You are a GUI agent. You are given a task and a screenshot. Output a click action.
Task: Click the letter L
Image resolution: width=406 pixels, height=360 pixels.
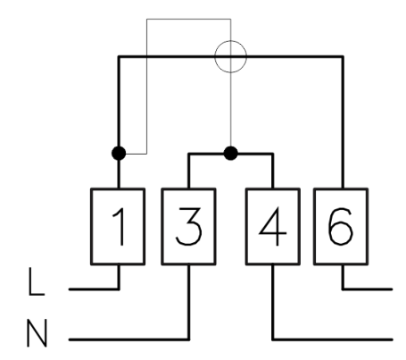click(x=37, y=281)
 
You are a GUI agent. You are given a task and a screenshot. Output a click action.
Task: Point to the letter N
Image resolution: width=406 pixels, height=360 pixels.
click(x=37, y=333)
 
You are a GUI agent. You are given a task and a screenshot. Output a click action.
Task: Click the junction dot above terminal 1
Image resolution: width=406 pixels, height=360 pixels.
click(x=119, y=154)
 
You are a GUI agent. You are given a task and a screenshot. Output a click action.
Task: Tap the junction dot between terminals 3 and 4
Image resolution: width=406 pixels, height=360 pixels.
click(x=230, y=154)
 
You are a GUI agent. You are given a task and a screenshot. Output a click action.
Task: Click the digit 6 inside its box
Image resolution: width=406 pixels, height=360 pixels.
click(x=341, y=227)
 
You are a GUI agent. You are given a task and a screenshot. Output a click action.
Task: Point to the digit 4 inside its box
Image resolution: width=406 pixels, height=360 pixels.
click(x=273, y=227)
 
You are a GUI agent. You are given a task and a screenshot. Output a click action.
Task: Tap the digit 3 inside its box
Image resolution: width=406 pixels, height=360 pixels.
click(x=189, y=227)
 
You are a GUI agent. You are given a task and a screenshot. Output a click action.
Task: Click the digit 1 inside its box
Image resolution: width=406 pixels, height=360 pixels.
click(x=119, y=227)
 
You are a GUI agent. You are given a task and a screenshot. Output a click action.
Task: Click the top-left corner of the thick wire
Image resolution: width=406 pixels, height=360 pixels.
click(x=119, y=56)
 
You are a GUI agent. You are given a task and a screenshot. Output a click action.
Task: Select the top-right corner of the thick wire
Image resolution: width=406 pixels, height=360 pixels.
click(x=343, y=56)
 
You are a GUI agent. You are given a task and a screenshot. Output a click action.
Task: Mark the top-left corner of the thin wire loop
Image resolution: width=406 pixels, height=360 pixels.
click(x=146, y=20)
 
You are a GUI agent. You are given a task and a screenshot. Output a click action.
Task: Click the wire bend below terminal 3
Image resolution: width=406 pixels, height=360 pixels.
click(x=188, y=339)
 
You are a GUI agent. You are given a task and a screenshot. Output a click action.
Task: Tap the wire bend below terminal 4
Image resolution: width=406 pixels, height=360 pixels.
click(x=273, y=339)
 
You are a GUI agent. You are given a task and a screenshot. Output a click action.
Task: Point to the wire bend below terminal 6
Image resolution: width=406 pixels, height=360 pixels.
click(x=343, y=289)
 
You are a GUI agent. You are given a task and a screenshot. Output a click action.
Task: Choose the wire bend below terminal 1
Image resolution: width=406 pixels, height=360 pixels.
click(x=119, y=289)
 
